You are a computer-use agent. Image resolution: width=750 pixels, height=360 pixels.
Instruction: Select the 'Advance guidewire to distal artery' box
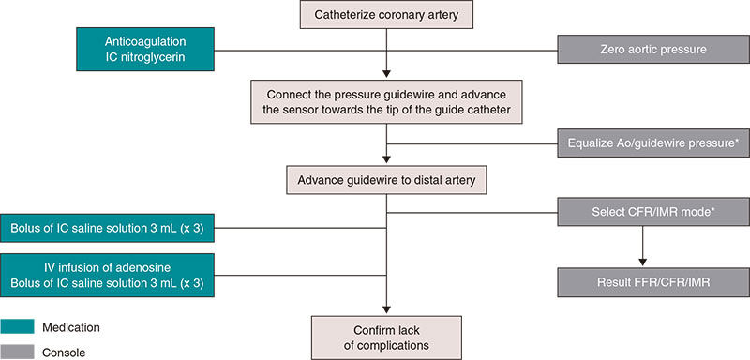click(x=386, y=179)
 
